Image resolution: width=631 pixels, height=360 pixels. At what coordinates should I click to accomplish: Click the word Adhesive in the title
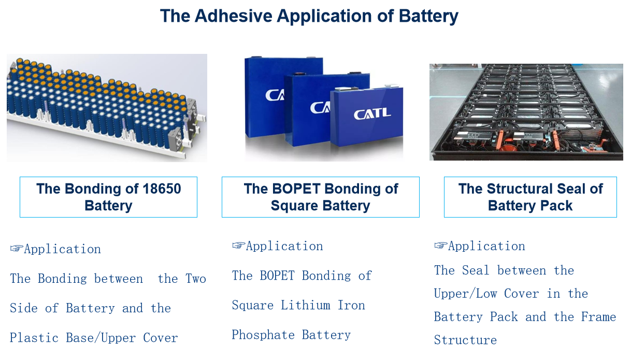233,16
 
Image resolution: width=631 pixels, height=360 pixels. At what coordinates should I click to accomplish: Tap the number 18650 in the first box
162,189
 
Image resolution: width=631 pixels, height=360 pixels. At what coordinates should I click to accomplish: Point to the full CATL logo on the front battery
372,114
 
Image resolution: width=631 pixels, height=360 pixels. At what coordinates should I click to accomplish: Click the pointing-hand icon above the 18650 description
17,249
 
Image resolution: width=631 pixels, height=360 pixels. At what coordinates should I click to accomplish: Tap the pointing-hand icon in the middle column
239,246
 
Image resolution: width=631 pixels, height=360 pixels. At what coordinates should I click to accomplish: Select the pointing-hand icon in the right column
441,246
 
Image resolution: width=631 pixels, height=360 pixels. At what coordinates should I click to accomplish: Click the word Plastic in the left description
34,338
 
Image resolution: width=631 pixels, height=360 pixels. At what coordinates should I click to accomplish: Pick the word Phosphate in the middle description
263,335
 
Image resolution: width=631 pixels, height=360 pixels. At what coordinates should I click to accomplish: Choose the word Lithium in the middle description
305,305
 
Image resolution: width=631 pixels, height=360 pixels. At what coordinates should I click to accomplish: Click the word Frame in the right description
598,317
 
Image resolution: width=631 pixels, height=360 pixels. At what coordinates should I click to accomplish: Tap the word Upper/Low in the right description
466,294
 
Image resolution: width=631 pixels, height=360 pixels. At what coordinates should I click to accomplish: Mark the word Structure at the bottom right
465,340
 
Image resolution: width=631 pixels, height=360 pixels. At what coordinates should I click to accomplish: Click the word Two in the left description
196,279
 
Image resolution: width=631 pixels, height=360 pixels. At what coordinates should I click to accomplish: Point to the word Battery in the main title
428,17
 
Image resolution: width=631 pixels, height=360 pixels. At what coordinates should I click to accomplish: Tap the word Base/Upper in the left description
101,338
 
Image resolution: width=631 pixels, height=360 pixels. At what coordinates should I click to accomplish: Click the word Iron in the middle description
351,305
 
